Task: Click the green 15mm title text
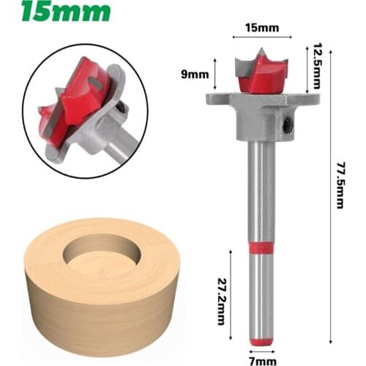[x=66, y=12]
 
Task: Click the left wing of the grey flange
[x=217, y=100]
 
